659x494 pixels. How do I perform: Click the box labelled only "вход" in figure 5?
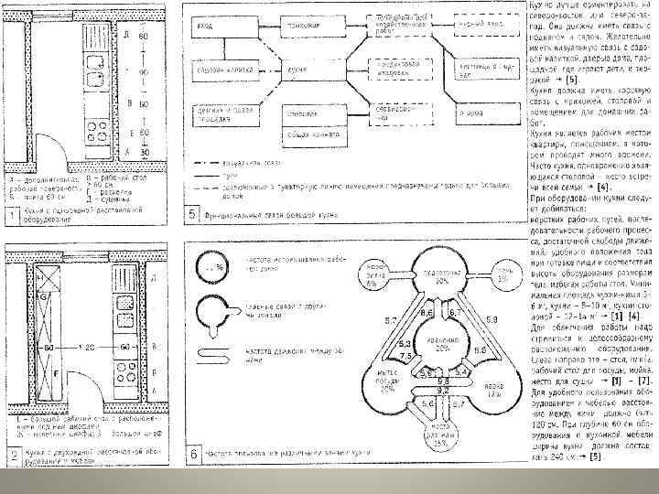point(220,29)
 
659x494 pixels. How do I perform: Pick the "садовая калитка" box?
point(221,70)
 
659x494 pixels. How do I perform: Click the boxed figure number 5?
point(192,215)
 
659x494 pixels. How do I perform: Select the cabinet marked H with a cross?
point(41,276)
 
